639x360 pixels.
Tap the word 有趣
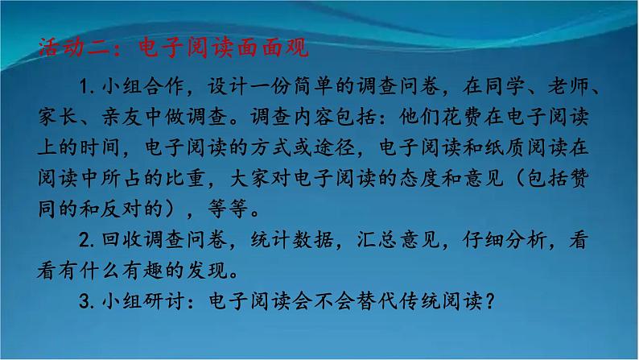tap(185, 262)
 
